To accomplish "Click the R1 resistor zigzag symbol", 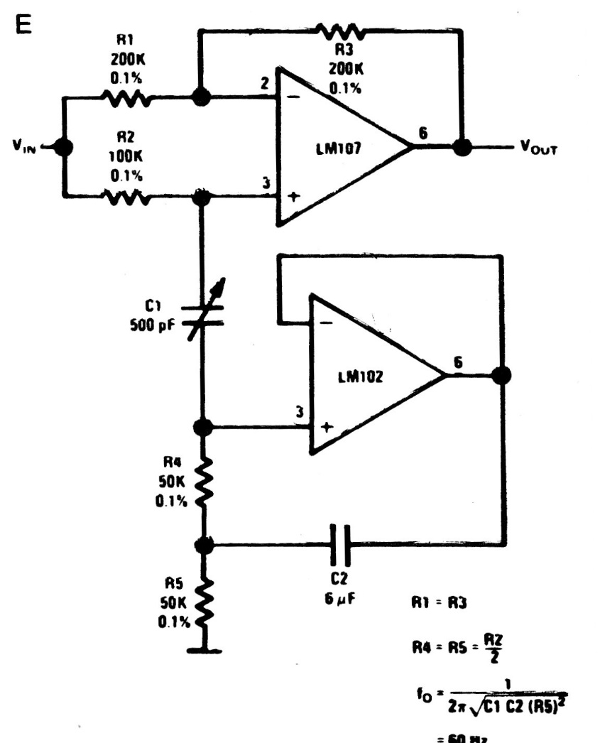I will pos(128,99).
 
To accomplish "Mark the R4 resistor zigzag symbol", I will pos(203,486).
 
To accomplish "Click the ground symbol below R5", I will pos(203,649).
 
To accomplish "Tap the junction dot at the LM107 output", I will pos(463,148).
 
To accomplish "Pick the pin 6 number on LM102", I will pos(459,362).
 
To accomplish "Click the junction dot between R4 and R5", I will pos(203,546).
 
